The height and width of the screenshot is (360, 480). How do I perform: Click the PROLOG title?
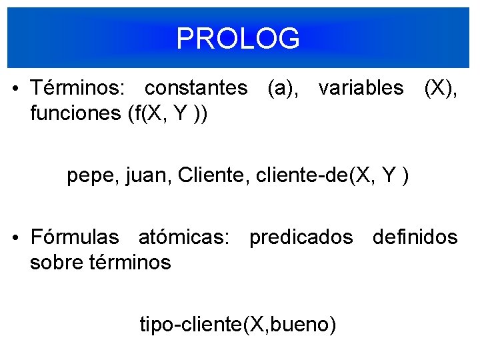pyautogui.click(x=239, y=39)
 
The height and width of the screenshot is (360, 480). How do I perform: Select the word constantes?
pyautogui.click(x=195, y=87)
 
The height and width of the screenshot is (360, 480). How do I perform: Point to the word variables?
pyautogui.click(x=361, y=87)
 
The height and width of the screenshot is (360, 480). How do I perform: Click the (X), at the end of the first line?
pyautogui.click(x=441, y=87)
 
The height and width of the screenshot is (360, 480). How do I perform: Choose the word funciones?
pyautogui.click(x=75, y=113)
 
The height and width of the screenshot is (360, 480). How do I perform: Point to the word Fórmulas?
pyautogui.click(x=75, y=237)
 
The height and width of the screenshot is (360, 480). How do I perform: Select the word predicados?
pyautogui.click(x=301, y=237)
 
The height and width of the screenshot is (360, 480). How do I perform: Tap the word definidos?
pyautogui.click(x=415, y=237)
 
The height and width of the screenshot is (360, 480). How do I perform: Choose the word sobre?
pyautogui.click(x=56, y=263)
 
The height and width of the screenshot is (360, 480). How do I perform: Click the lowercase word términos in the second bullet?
pyautogui.click(x=129, y=263)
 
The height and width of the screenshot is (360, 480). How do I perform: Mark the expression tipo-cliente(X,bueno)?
pyautogui.click(x=238, y=325)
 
